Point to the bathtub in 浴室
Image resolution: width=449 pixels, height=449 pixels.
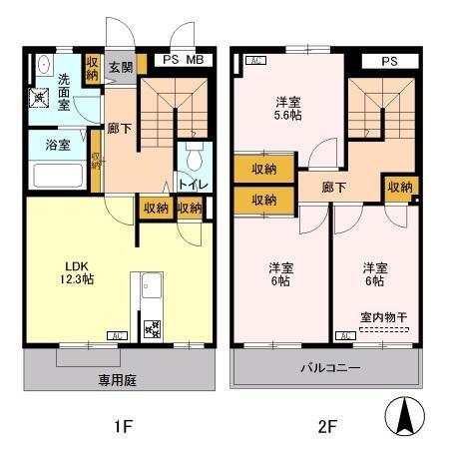click(57, 176)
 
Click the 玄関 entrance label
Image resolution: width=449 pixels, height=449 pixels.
click(120, 67)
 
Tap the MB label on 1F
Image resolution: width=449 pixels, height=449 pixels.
click(196, 60)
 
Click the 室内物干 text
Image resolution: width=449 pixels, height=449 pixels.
click(384, 318)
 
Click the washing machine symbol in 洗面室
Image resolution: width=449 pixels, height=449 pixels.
click(40, 97)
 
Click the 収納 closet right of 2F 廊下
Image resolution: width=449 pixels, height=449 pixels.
click(401, 188)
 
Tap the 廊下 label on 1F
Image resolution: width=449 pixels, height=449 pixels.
click(120, 128)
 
